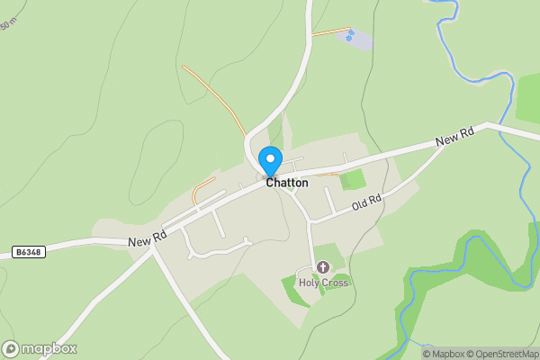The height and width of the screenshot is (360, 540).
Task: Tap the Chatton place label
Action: pyautogui.click(x=287, y=183)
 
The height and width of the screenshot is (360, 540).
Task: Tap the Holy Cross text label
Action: pyautogui.click(x=323, y=283)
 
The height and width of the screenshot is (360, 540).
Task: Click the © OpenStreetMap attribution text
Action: pyautogui.click(x=502, y=354)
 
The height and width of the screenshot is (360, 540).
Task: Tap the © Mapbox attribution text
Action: pyautogui.click(x=444, y=354)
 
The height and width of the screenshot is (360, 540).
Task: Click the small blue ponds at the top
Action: pyautogui.click(x=350, y=36)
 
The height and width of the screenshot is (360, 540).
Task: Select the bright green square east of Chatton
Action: pyautogui.click(x=353, y=180)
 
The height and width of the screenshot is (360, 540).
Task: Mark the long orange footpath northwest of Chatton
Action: pyautogui.click(x=213, y=95)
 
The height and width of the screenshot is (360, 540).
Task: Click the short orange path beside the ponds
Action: pyautogui.click(x=329, y=31)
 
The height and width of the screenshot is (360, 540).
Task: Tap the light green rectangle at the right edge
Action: pyautogui.click(x=528, y=97)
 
